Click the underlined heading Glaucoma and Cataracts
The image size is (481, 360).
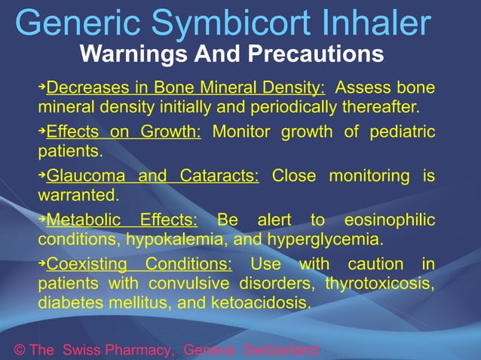[152, 177]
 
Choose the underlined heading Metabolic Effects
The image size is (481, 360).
[121, 221]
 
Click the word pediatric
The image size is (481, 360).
[402, 133]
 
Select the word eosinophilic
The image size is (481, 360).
[389, 221]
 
